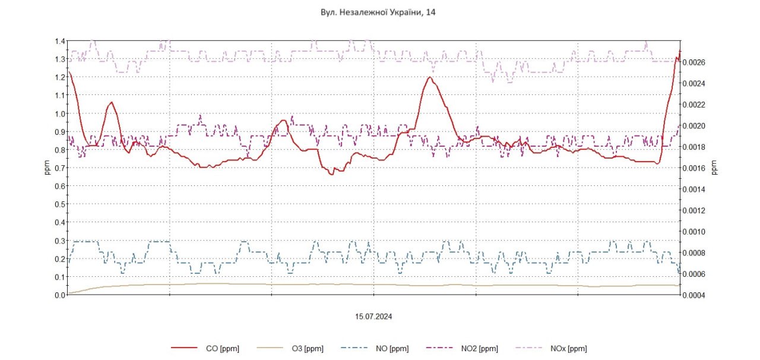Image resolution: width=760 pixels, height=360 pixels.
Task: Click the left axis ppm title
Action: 48,168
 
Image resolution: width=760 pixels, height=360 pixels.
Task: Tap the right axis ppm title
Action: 714,168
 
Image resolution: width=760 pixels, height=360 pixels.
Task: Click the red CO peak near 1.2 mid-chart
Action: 429,77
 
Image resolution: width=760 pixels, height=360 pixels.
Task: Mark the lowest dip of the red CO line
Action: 332,173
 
